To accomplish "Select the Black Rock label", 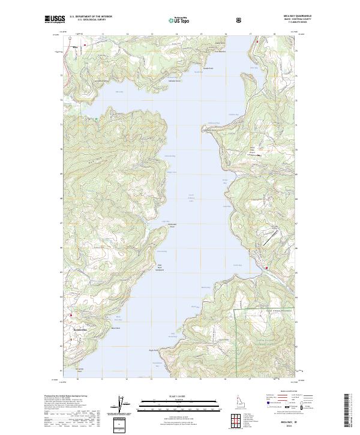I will click(116, 328).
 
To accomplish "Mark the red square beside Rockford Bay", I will click(70, 315).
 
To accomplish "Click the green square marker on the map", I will click(95, 119).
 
